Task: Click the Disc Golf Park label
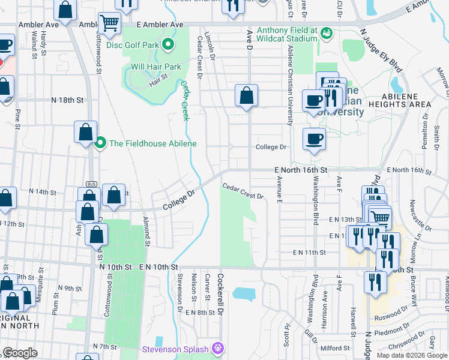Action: click(x=133, y=44)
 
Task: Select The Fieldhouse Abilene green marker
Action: click(x=100, y=143)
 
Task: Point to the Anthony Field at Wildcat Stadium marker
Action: click(x=327, y=32)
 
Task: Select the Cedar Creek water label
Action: click(x=185, y=100)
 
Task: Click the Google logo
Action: click(x=20, y=353)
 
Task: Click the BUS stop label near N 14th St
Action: click(x=91, y=184)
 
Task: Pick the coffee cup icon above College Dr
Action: click(x=313, y=139)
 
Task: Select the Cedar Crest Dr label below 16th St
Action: click(x=243, y=191)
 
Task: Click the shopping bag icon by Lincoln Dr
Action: click(x=246, y=95)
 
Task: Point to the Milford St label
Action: click(x=334, y=348)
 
